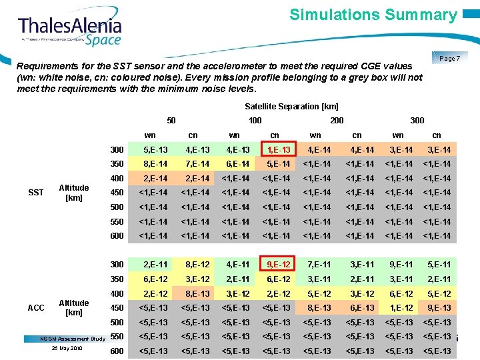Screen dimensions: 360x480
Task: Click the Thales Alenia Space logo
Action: point(70,30)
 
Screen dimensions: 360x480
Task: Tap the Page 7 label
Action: point(449,59)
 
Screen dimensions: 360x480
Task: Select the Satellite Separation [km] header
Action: point(291,107)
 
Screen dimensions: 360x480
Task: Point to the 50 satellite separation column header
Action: point(171,121)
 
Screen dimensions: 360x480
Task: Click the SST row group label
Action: point(36,193)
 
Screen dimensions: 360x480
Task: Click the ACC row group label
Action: point(36,308)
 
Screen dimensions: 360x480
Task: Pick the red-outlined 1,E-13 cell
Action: point(274,149)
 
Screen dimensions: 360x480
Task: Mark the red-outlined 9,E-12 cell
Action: point(274,265)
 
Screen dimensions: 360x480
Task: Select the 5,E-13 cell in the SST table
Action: point(155,149)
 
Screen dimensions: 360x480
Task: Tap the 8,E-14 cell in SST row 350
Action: point(155,164)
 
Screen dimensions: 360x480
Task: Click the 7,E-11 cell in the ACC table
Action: point(315,265)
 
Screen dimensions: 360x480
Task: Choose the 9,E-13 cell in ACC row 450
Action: point(438,308)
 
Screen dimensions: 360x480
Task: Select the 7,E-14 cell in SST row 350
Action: point(197,164)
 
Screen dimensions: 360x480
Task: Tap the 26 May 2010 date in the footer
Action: point(66,349)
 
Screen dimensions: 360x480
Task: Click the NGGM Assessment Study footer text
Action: point(73,339)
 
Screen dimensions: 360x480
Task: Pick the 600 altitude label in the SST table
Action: point(117,236)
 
